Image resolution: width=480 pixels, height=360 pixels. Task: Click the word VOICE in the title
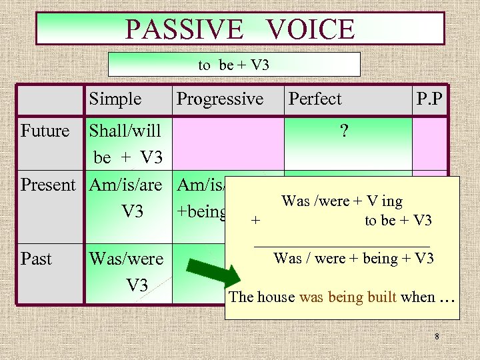tap(309, 29)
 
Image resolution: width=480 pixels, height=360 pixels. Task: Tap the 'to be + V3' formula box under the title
tap(233, 65)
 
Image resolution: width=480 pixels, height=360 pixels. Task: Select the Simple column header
tap(115, 99)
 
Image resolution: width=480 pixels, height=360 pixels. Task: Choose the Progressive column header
tap(219, 99)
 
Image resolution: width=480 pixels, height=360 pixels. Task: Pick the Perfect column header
tap(315, 99)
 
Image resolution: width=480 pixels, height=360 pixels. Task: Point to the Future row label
tap(45, 131)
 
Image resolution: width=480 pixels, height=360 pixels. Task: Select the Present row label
tap(48, 185)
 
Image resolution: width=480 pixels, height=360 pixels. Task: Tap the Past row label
tap(36, 258)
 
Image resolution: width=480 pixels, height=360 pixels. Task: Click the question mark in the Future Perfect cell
tap(343, 131)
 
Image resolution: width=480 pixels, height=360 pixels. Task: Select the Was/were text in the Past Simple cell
tap(126, 259)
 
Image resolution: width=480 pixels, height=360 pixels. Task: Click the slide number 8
tap(437, 337)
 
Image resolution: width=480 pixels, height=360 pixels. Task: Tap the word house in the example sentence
tap(277, 297)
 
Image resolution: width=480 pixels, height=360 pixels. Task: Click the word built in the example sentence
tap(379, 297)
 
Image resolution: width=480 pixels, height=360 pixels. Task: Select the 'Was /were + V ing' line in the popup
tap(342, 201)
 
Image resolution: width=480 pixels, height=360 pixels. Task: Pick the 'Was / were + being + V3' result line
tap(353, 258)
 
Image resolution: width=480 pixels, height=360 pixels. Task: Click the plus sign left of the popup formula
tap(256, 221)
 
